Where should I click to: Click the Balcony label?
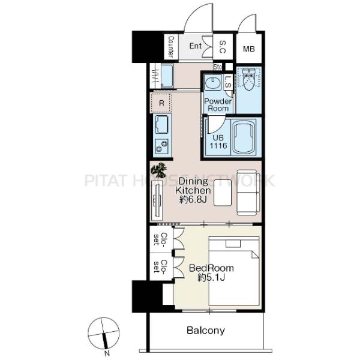206,331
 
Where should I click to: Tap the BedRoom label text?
211,268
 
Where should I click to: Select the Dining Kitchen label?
193,186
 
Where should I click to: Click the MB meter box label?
249,49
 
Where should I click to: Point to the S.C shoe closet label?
223,47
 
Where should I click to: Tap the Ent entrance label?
196,46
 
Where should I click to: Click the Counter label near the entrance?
171,46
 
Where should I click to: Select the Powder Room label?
218,104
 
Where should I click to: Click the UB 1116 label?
218,142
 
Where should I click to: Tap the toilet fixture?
248,79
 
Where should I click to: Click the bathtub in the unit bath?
244,137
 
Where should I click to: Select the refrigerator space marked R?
161,103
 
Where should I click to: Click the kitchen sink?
161,124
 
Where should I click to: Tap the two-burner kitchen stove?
161,146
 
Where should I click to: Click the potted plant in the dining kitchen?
159,170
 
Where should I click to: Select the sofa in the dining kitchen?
248,193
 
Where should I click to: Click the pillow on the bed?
233,244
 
